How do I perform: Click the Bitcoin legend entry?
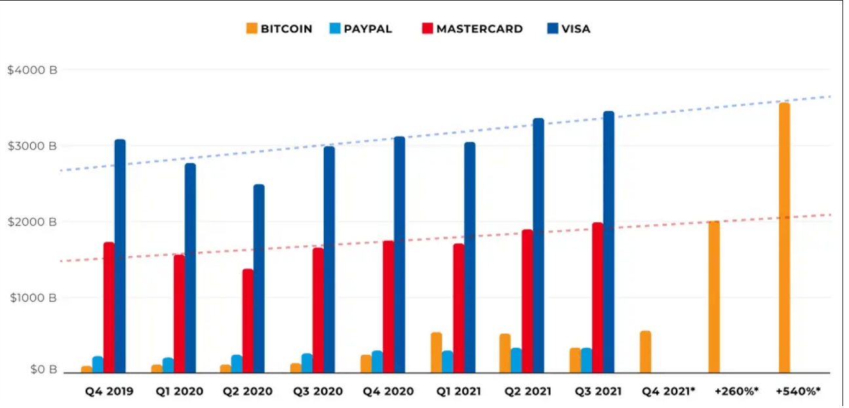point(279,29)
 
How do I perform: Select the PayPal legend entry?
point(361,29)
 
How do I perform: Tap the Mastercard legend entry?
point(473,29)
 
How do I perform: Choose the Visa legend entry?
point(568,29)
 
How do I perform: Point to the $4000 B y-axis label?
point(32,70)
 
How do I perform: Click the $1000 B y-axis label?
point(32,298)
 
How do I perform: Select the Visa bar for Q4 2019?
point(120,256)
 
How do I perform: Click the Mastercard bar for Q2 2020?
point(248,320)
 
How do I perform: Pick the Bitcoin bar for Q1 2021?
point(436,352)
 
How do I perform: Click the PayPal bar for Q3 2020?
point(307,363)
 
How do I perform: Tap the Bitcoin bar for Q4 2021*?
point(645,352)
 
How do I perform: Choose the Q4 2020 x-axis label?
point(388,392)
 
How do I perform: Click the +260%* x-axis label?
point(736,392)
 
